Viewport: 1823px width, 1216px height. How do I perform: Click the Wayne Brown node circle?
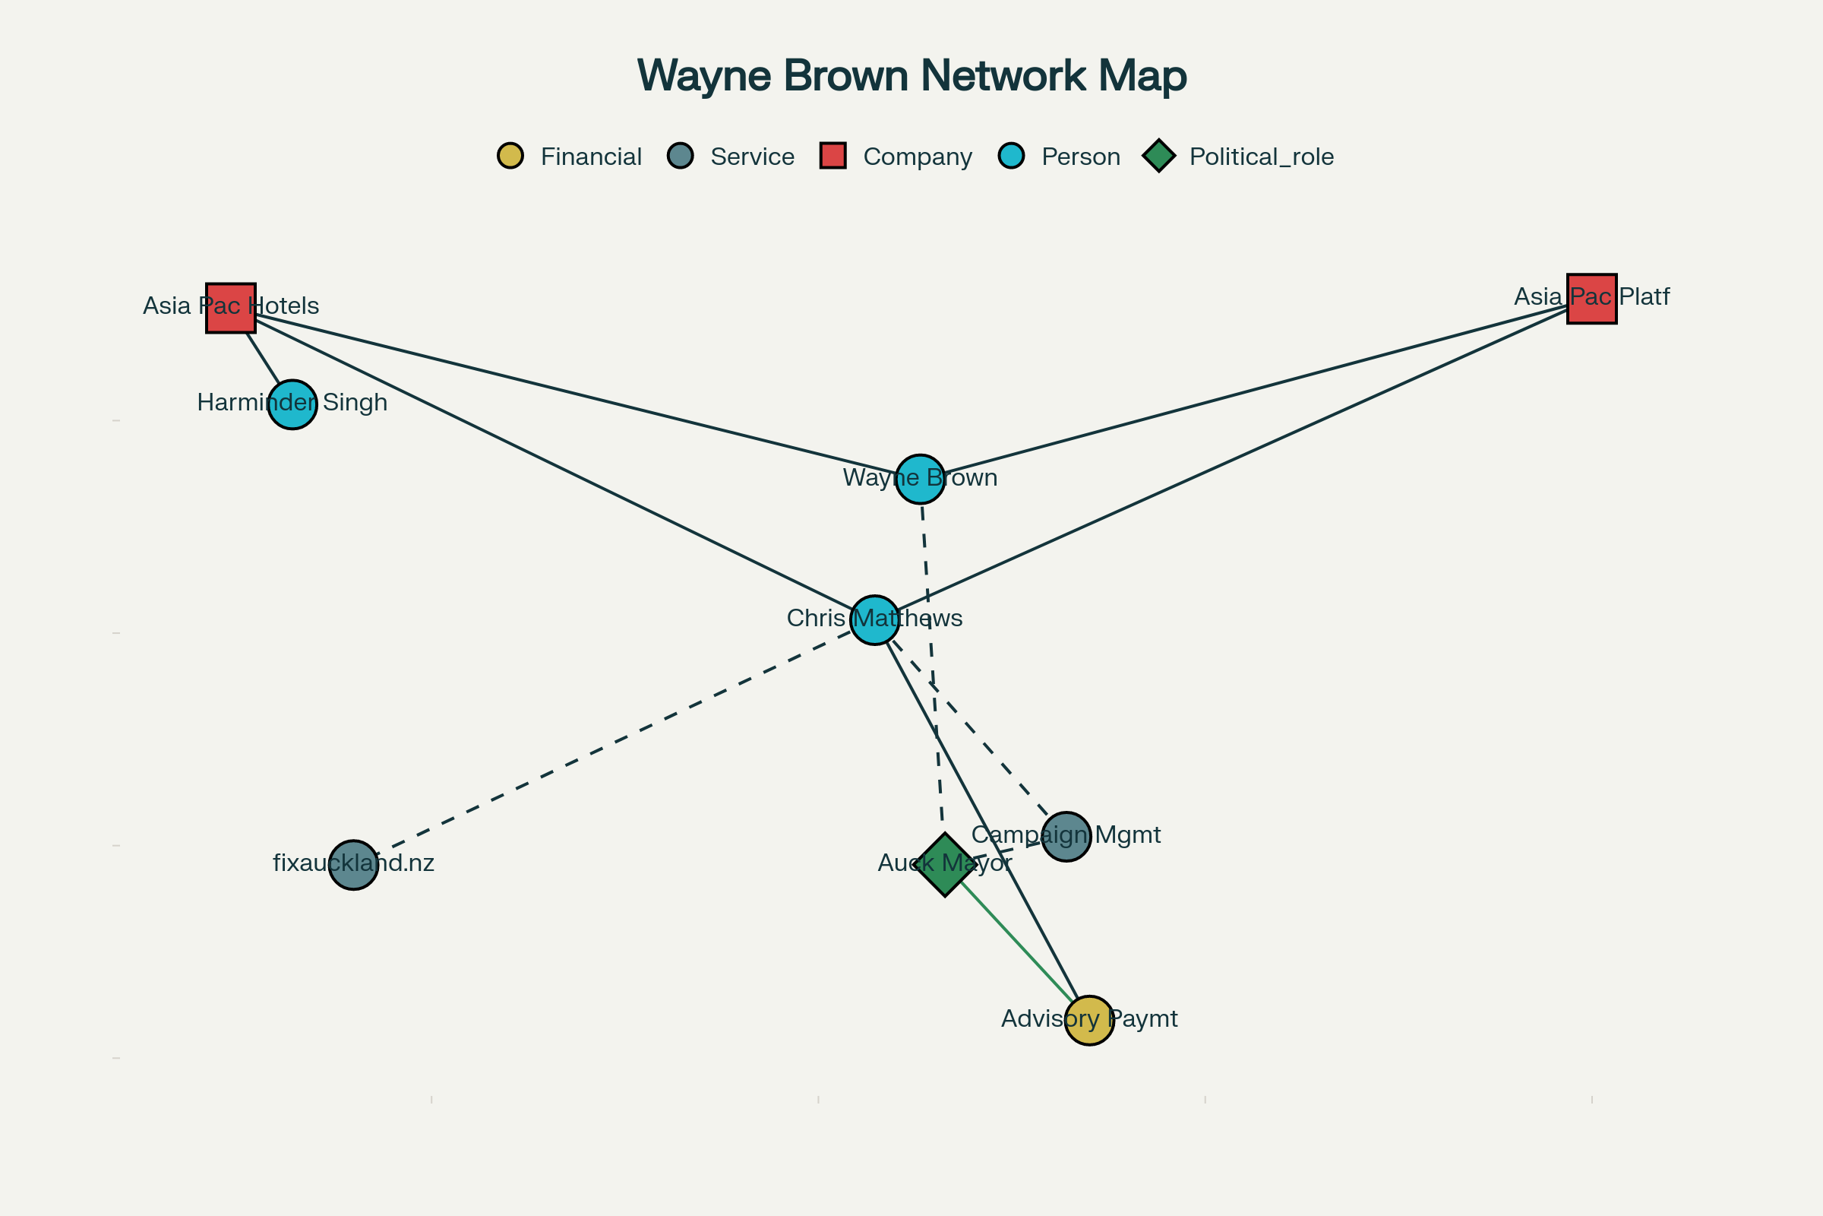920,480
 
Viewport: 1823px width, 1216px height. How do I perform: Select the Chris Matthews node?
875,620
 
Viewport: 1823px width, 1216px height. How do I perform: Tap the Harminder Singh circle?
292,405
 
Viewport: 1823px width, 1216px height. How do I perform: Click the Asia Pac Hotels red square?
231,308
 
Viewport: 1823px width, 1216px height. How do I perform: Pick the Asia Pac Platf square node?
1592,299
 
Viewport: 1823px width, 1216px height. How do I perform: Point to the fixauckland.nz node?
353,865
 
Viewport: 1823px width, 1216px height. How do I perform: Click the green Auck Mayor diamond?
945,866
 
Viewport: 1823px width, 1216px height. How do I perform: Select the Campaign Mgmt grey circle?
1066,837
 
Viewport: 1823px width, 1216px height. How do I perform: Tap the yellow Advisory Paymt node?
1089,1021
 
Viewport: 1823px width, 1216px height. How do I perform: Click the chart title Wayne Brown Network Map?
912,76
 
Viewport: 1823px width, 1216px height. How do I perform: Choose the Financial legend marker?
510,156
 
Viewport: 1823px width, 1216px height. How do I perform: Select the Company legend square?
833,156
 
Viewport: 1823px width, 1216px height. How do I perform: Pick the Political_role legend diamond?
1159,156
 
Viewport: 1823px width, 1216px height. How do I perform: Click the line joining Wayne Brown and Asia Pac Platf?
1256,389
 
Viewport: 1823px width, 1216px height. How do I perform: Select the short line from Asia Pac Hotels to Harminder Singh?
264,358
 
